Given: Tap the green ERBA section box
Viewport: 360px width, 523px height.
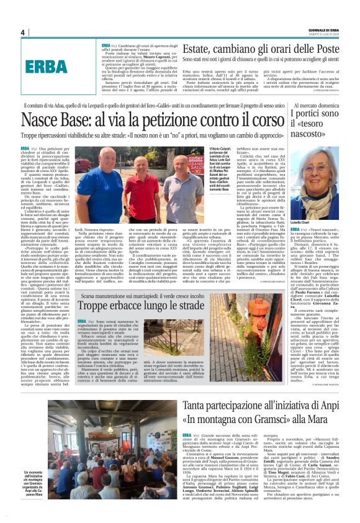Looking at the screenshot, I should pyautogui.click(x=47, y=66).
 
